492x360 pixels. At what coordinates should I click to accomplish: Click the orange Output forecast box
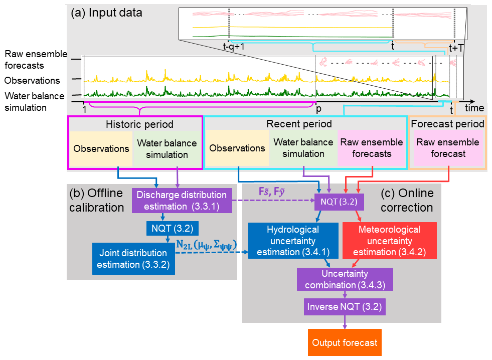point(345,343)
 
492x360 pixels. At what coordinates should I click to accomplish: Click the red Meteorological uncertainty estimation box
point(390,241)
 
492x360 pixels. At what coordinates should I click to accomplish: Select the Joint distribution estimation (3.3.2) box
point(133,259)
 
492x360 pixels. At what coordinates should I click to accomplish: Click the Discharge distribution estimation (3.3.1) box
point(181,200)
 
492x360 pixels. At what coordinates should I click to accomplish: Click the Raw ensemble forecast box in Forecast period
point(448,148)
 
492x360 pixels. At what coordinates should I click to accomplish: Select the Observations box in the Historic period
point(101,148)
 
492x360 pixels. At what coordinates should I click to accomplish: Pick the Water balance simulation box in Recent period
point(303,148)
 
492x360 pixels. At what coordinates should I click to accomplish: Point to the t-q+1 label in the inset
point(234,47)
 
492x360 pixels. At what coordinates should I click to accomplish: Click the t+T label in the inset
point(457,48)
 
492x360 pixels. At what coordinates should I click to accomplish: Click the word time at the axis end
point(474,108)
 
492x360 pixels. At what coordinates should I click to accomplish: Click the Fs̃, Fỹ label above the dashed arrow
point(273,192)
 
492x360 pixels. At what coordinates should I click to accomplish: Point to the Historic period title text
point(139,124)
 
